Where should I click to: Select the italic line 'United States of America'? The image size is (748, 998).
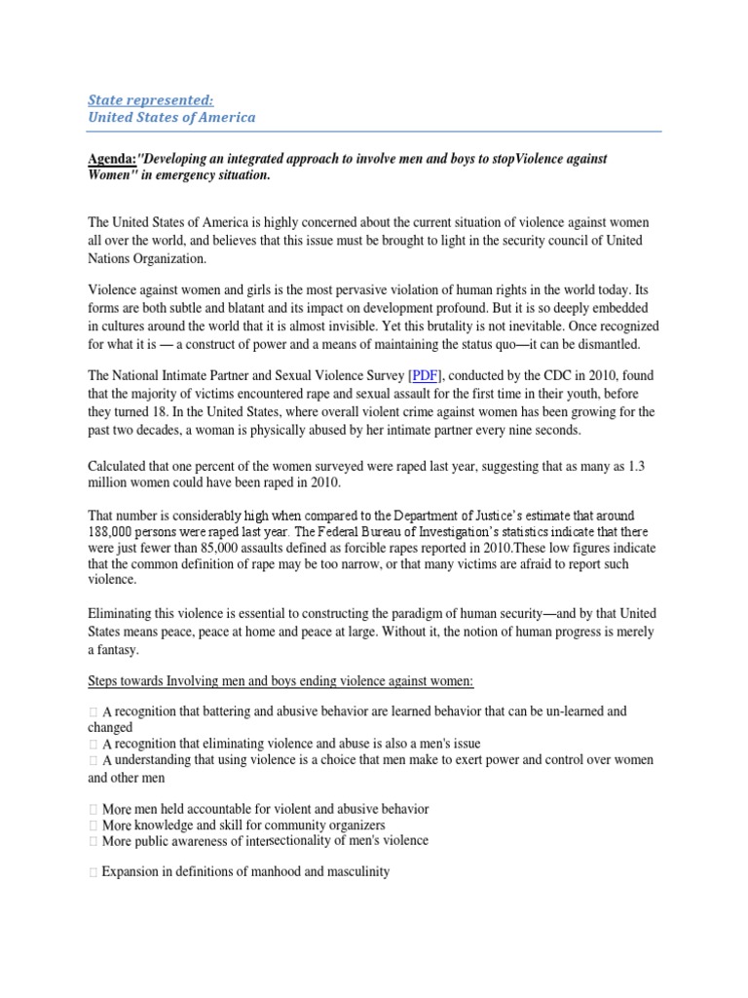[x=172, y=117]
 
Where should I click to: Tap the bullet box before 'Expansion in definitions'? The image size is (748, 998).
[x=93, y=872]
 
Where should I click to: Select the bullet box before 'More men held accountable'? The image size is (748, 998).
[x=93, y=809]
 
